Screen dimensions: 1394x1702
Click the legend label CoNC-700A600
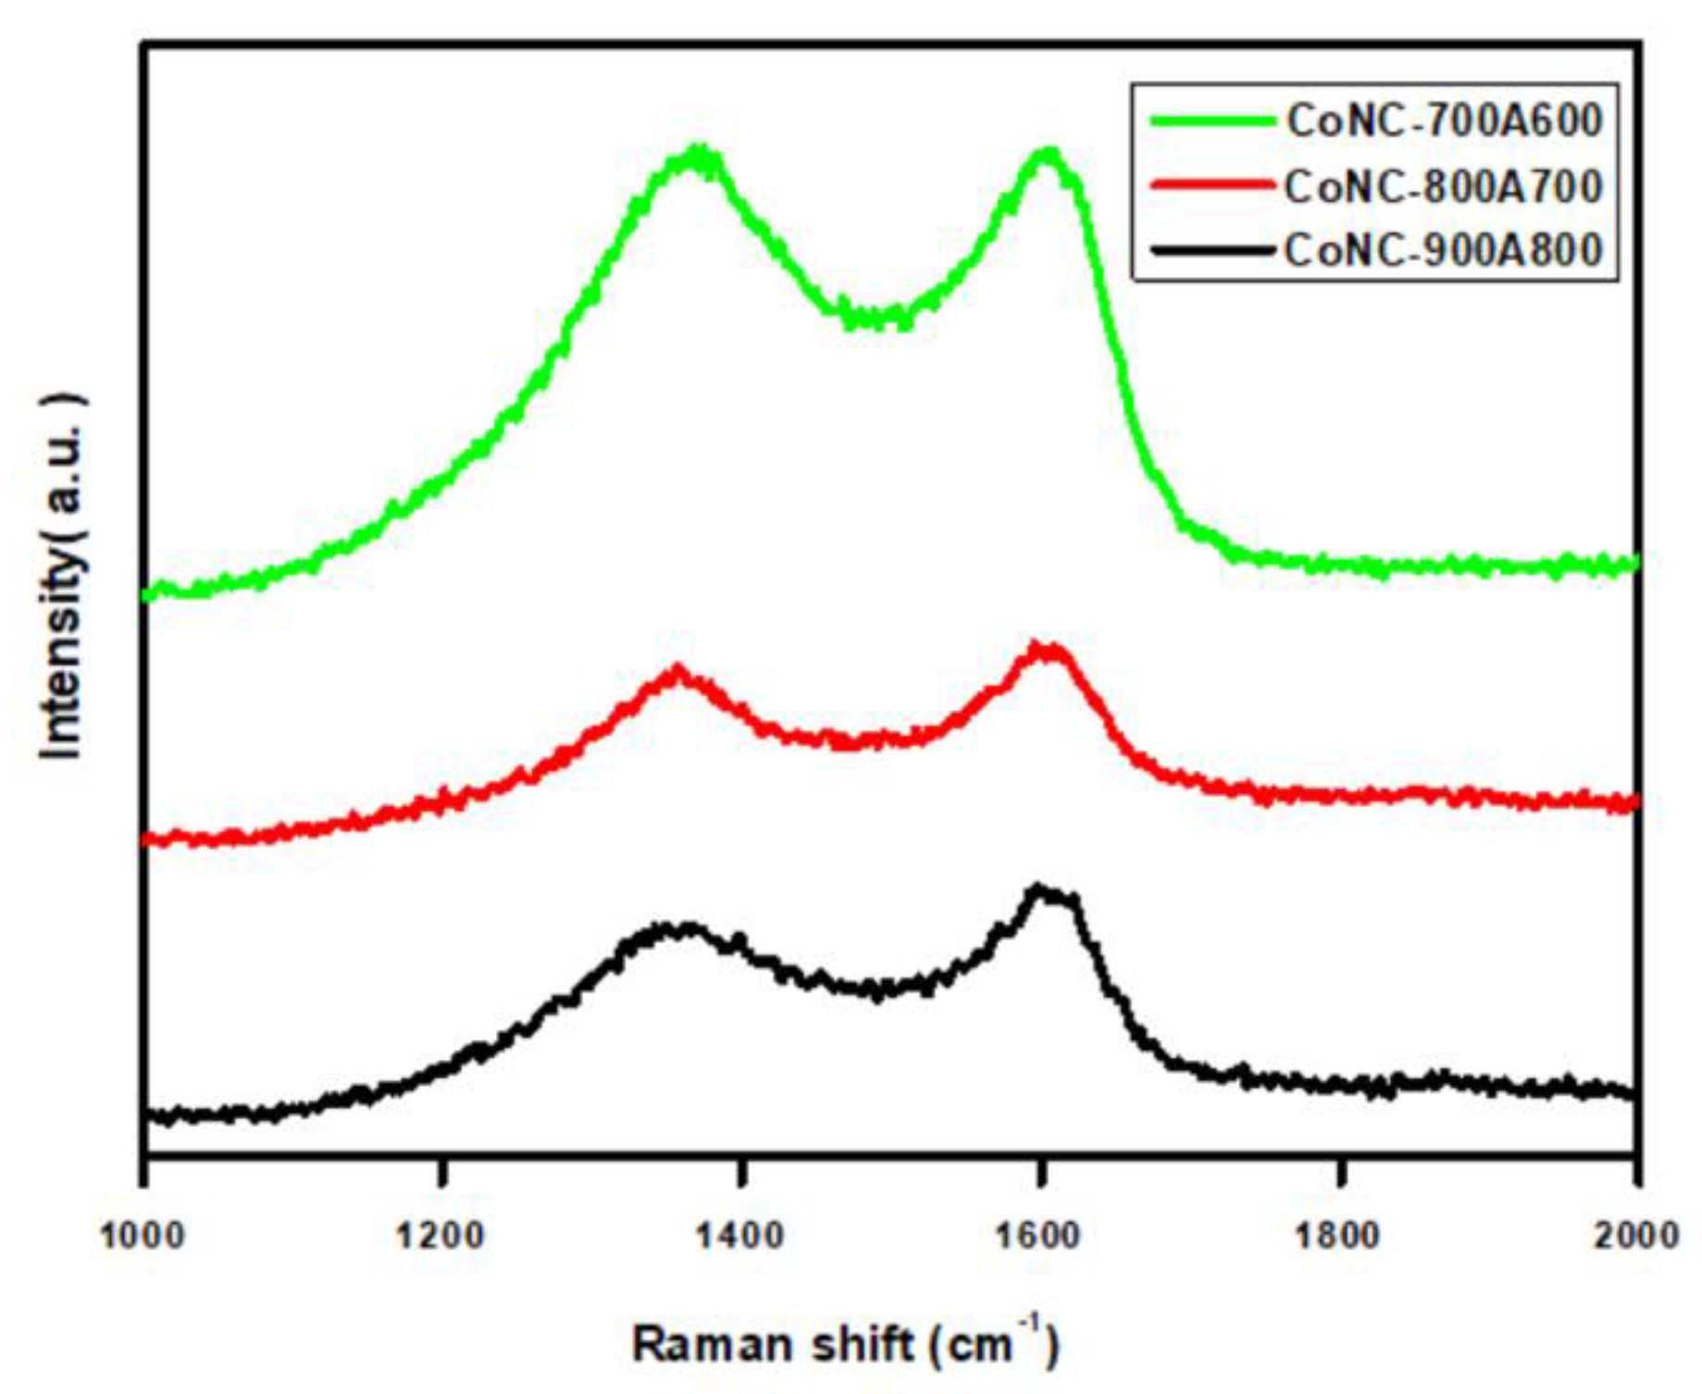[x=1444, y=121]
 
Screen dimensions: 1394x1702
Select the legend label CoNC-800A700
[x=1444, y=186]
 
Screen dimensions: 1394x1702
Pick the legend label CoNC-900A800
[x=1444, y=250]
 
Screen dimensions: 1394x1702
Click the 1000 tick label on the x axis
[x=143, y=1237]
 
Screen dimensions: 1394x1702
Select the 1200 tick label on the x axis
[x=441, y=1237]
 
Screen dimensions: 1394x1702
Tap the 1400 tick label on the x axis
[x=740, y=1237]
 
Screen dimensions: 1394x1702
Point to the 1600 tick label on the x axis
[x=1039, y=1237]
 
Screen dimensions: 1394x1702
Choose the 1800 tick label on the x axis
[x=1338, y=1237]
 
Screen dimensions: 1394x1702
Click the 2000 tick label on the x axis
[x=1635, y=1237]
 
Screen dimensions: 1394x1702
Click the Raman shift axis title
[x=844, y=1343]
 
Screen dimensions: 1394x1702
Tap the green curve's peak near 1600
[x=1048, y=154]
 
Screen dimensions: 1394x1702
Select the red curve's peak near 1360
[x=677, y=671]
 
